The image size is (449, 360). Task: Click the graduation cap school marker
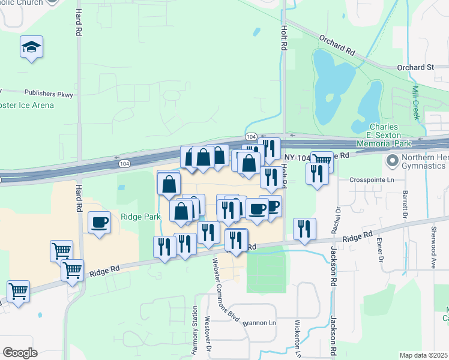pos(31,47)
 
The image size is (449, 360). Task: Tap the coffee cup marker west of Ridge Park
pos(99,223)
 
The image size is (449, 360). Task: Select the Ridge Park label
pos(139,217)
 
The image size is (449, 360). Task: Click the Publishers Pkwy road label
pos(47,93)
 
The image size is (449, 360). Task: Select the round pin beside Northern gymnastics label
pos(393,161)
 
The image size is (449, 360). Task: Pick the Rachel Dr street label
pos(337,220)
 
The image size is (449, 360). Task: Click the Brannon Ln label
pos(259,323)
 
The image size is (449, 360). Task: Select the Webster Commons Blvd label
pos(223,287)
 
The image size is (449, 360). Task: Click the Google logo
pos(20,352)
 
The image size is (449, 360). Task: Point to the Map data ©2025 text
pos(423,355)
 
